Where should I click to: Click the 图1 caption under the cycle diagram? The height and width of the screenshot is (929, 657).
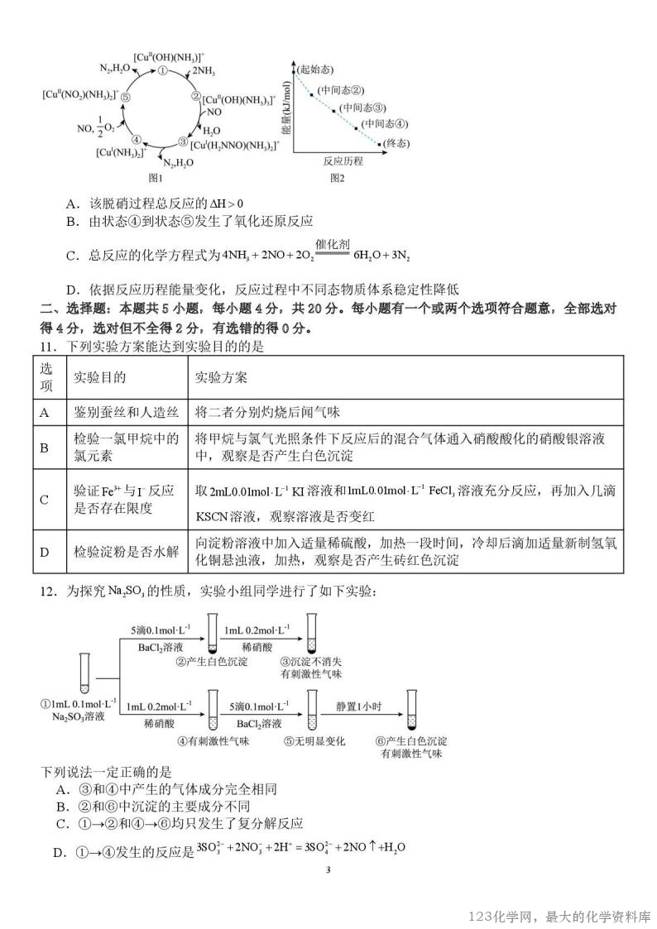tap(155, 177)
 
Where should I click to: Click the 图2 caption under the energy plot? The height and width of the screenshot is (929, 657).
tap(337, 177)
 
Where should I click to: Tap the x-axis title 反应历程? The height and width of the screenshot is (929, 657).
tap(343, 161)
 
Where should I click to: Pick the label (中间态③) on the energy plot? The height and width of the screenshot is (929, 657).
tap(363, 108)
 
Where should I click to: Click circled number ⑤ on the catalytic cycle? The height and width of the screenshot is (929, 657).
tap(125, 96)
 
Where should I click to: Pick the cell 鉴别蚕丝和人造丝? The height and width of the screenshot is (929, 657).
tap(114, 411)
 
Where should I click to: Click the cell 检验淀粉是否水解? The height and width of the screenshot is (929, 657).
tap(114, 552)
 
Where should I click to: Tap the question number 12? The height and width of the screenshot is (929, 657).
tap(50, 592)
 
